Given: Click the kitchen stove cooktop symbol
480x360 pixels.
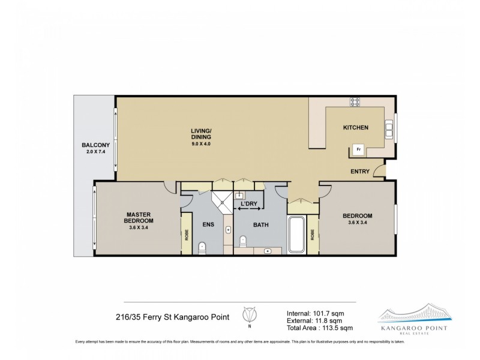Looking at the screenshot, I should pos(355,102).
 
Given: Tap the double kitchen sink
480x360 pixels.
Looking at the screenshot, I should pos(390,128).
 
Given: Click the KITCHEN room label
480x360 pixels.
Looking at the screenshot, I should pos(355,128).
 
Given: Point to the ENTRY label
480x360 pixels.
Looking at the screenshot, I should pos(360,172).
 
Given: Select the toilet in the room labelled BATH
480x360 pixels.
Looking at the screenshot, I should pos(243,241).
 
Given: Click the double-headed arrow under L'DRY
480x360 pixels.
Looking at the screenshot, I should pos(248,209).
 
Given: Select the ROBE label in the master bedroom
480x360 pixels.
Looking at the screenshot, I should pos(187,233).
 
